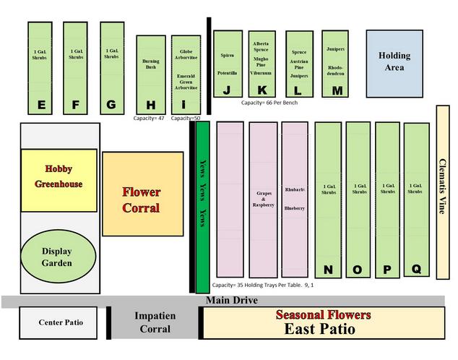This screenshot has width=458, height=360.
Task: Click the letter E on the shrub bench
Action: click(x=41, y=106)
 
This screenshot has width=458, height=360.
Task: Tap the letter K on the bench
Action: click(x=262, y=90)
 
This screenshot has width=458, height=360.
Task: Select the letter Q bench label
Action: click(x=416, y=269)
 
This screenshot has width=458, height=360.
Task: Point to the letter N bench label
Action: click(x=328, y=270)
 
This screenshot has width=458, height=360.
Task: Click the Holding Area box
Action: click(x=394, y=61)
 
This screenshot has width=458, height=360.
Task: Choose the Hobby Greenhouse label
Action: click(x=59, y=176)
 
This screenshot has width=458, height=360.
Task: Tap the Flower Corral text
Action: click(x=142, y=200)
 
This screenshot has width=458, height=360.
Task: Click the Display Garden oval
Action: click(x=56, y=257)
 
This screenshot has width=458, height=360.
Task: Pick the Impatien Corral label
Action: click(x=155, y=322)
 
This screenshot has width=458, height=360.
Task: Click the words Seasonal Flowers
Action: click(x=323, y=315)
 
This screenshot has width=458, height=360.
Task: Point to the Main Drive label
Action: click(x=233, y=300)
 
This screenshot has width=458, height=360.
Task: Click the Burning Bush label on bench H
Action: click(x=151, y=64)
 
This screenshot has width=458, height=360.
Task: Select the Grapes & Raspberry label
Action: click(x=263, y=199)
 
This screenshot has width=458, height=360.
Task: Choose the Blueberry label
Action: click(x=295, y=208)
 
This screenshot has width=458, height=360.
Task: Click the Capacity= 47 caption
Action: click(x=150, y=118)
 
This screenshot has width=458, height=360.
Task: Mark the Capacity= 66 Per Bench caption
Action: click(x=269, y=103)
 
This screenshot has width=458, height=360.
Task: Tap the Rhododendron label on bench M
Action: click(x=335, y=70)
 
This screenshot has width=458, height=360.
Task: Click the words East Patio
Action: click(x=320, y=330)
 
